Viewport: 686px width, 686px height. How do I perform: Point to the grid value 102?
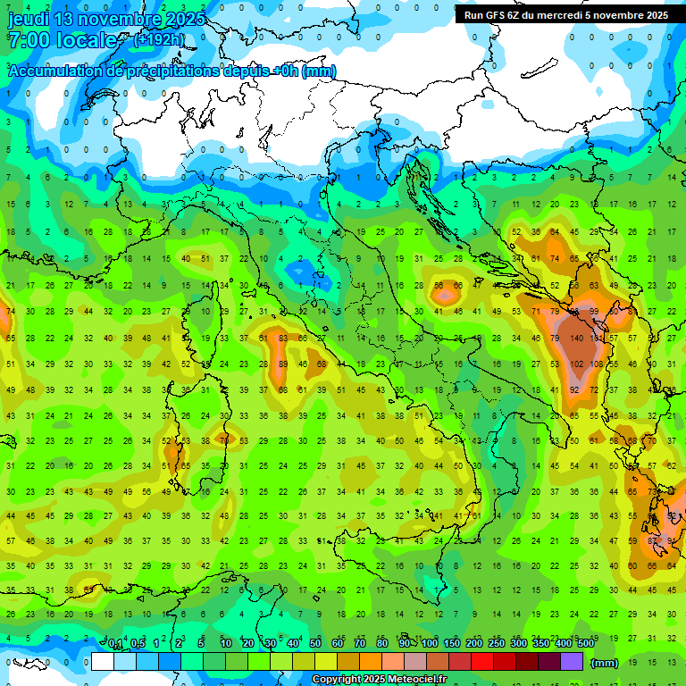[576, 364]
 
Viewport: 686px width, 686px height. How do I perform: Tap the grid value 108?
[597, 364]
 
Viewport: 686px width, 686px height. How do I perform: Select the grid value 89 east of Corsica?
[283, 364]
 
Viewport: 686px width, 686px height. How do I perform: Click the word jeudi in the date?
[29, 19]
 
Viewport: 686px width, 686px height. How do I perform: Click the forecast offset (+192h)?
[159, 39]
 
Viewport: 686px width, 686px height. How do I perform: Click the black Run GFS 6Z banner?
[565, 15]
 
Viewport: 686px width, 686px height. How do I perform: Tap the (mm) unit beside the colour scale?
[605, 663]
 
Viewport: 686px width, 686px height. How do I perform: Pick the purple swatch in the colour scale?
[571, 662]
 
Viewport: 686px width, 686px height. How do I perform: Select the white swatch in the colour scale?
[102, 662]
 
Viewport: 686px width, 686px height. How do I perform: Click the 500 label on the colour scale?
[586, 644]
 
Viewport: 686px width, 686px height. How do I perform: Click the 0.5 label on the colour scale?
[137, 644]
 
